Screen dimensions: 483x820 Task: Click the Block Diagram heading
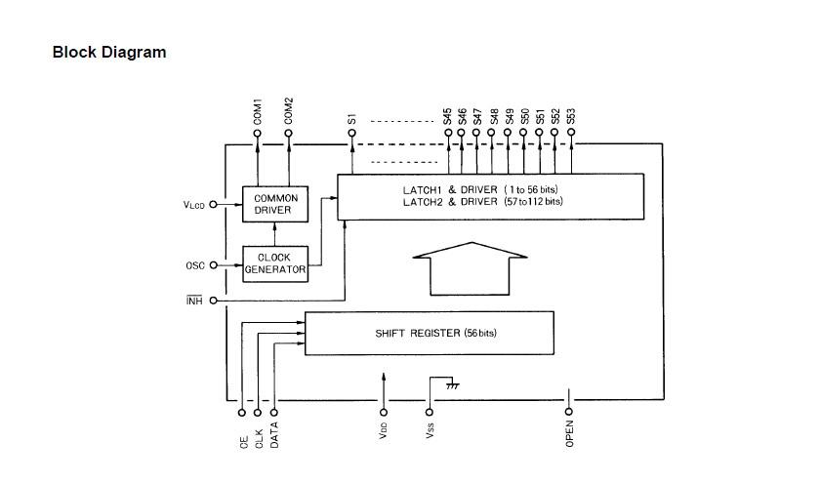tap(109, 53)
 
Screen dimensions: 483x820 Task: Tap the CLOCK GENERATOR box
tap(274, 263)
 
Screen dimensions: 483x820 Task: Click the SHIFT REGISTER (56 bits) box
tap(430, 333)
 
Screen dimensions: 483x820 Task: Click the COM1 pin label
tap(258, 110)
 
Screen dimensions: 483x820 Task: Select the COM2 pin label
tap(289, 110)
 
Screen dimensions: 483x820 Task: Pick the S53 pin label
tap(571, 116)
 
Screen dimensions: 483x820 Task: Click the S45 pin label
tap(447, 116)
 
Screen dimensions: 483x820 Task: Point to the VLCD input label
tap(194, 205)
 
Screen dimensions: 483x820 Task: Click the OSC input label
tap(195, 264)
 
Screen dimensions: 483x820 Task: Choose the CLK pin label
tap(259, 437)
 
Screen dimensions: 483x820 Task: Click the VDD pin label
tap(384, 429)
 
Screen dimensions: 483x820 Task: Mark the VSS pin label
tap(430, 429)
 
